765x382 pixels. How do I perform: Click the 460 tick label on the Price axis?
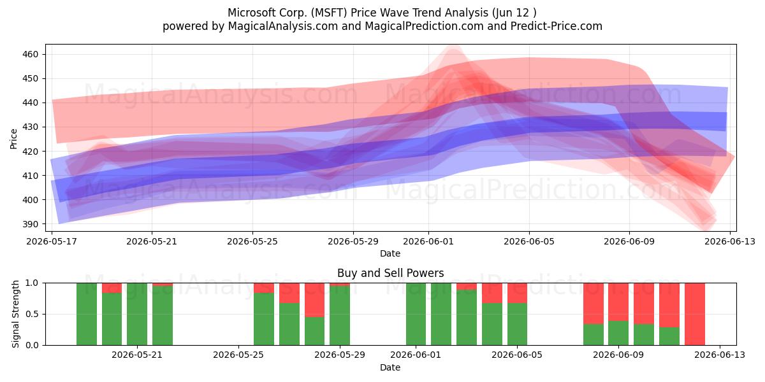(x=31, y=54)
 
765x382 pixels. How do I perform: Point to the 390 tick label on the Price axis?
(x=31, y=224)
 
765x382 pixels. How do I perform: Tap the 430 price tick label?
(x=31, y=127)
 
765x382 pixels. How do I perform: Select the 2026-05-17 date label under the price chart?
(x=52, y=241)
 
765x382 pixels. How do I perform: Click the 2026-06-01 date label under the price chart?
(x=428, y=241)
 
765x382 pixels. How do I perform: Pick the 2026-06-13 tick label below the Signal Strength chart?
(x=720, y=355)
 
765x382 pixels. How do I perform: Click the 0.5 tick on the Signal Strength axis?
(x=32, y=314)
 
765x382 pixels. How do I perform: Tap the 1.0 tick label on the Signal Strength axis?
(x=32, y=283)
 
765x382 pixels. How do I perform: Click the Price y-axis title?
(x=13, y=139)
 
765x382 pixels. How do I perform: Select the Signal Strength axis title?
(x=15, y=314)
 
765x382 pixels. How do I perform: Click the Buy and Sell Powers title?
(x=390, y=273)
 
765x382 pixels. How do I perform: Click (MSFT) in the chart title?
(x=329, y=13)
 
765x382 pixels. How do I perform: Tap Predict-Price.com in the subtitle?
(x=556, y=26)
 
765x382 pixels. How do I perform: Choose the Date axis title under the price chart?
(x=390, y=253)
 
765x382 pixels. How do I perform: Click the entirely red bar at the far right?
(x=695, y=314)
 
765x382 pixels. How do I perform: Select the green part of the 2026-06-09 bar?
(x=618, y=333)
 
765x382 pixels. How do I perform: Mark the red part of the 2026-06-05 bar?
(x=517, y=293)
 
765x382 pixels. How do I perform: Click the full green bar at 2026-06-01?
(x=416, y=314)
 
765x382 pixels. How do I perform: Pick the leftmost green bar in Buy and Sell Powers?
(x=87, y=314)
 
